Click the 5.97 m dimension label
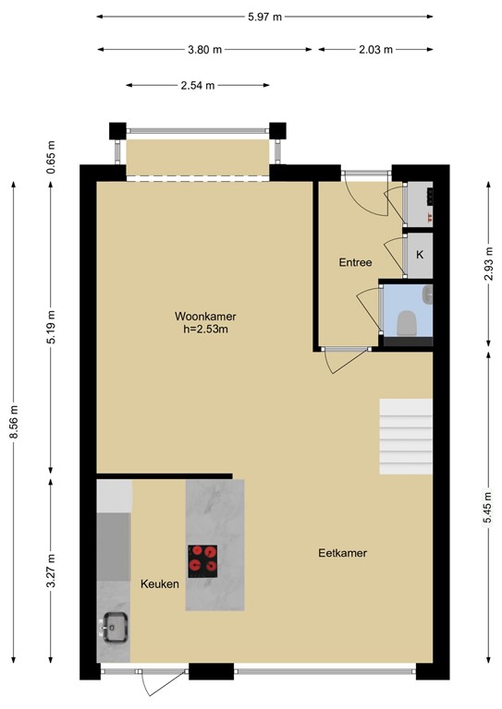[x=264, y=17]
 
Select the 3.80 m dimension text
[x=205, y=50]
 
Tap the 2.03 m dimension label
[x=374, y=50]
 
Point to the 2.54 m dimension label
[x=197, y=86]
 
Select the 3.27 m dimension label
[x=51, y=571]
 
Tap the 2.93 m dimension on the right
[x=487, y=266]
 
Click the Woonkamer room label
[x=204, y=316]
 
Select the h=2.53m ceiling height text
[x=205, y=330]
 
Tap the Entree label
[x=355, y=262]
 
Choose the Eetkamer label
[x=342, y=553]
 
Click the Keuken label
[x=159, y=584]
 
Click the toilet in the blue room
[x=406, y=323]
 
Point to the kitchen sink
[x=115, y=628]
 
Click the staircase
[x=406, y=437]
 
